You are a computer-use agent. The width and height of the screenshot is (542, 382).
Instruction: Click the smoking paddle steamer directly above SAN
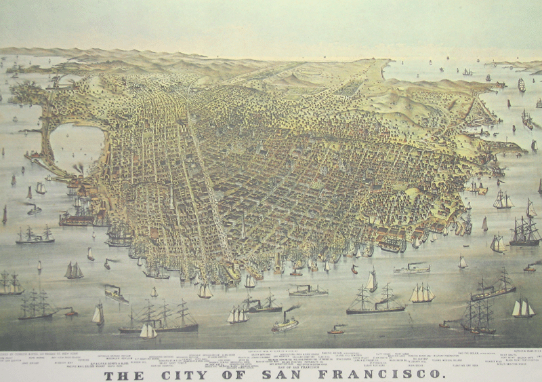pos(285,322)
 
